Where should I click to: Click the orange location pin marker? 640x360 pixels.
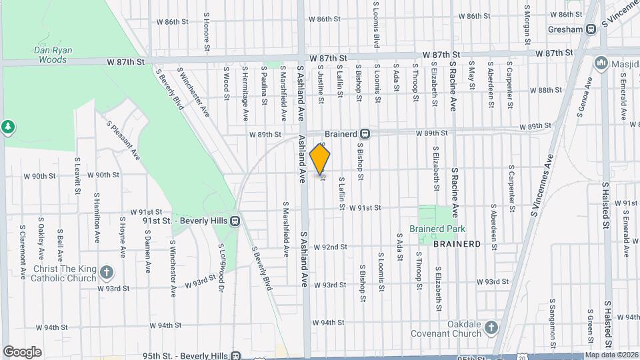point(320,160)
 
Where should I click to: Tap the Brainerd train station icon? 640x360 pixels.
point(365,133)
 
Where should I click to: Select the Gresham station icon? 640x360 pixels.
point(591,29)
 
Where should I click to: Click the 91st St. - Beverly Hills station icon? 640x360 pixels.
point(235,221)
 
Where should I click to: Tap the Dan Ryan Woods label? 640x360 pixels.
point(51,55)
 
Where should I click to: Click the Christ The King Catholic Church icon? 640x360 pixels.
point(107,272)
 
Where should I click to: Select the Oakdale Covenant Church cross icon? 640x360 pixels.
point(491,328)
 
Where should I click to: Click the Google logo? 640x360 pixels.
point(22,351)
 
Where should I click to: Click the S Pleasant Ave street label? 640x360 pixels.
point(123,139)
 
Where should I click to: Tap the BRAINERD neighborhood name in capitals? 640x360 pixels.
point(457,245)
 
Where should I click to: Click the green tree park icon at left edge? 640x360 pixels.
point(8,127)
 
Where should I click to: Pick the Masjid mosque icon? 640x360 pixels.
point(602,64)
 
